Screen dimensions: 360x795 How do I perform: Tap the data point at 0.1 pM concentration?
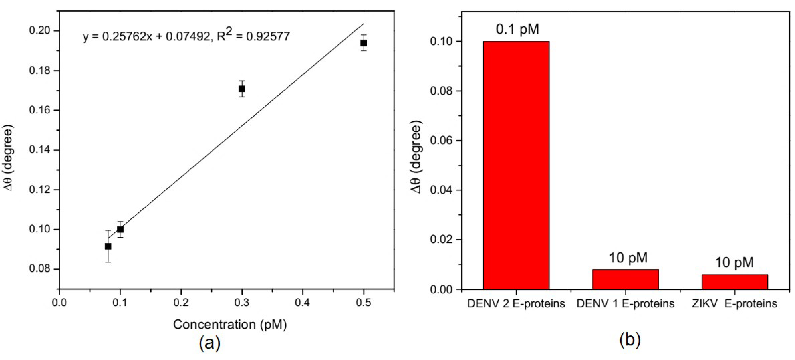(120, 229)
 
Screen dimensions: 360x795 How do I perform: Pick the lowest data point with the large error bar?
(108, 246)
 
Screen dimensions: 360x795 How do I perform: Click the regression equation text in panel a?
(186, 36)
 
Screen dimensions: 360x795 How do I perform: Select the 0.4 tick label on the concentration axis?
(303, 303)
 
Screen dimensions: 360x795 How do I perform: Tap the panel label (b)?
(630, 340)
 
